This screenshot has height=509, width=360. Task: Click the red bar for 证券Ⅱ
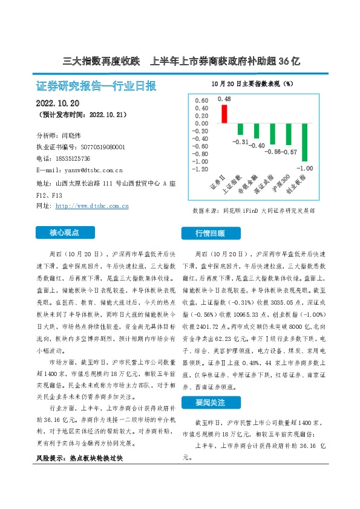pos(224,114)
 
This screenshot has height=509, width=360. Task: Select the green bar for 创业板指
pos(305,143)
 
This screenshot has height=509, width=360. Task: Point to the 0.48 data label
pos(224,99)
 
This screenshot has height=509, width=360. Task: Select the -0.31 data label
pos(241,141)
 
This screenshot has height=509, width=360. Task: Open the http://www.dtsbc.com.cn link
pos(91,206)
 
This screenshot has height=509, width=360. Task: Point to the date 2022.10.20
pos(59,102)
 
